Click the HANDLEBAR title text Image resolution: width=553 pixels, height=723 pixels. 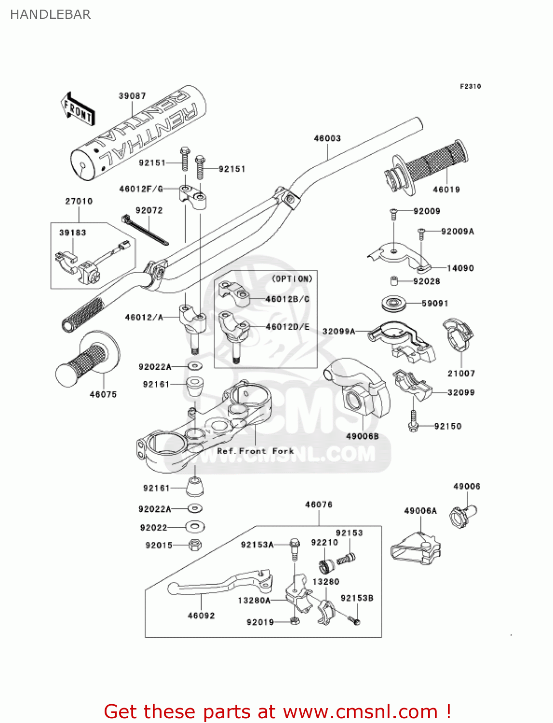(50, 14)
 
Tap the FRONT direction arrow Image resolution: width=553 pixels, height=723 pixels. (78, 110)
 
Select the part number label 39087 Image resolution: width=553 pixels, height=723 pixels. (132, 96)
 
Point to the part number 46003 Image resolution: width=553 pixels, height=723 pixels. (327, 138)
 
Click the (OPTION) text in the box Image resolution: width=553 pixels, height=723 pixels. (292, 279)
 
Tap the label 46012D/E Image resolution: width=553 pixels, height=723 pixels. (287, 327)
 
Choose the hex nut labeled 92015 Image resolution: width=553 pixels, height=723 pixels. (194, 545)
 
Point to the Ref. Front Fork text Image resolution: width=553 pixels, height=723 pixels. (255, 451)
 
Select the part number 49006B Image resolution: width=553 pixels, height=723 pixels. (362, 436)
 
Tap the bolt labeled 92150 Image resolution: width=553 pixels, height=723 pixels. (413, 421)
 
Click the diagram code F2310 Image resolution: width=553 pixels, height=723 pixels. (470, 86)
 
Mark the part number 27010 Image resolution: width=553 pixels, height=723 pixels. (79, 201)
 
